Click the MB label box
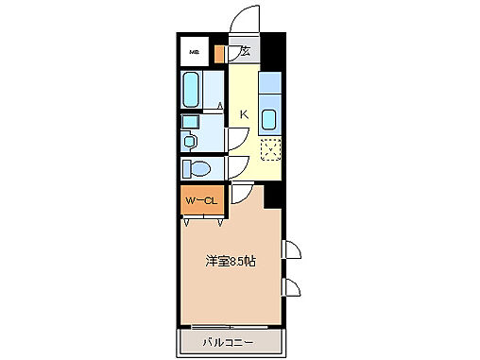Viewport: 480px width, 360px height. pos(195,53)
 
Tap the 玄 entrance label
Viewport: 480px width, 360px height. pos(244,52)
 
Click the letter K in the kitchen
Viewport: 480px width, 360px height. pos(243,114)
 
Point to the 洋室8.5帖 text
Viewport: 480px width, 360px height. pos(231,262)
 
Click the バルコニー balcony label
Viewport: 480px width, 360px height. pos(228,341)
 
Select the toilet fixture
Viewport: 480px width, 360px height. pos(199,169)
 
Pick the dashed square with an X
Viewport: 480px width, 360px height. pos(270,148)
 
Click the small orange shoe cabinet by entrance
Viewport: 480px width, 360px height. pos(220,53)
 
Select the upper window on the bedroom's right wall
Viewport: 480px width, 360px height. pos(292,249)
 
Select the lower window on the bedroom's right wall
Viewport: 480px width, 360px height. pos(292,287)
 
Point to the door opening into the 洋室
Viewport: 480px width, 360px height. pos(241,194)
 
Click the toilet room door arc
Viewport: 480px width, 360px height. pos(236,169)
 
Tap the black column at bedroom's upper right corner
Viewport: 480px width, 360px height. pos(274,196)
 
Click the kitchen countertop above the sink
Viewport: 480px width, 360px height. pos(268,86)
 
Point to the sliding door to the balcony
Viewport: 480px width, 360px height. pos(228,327)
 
